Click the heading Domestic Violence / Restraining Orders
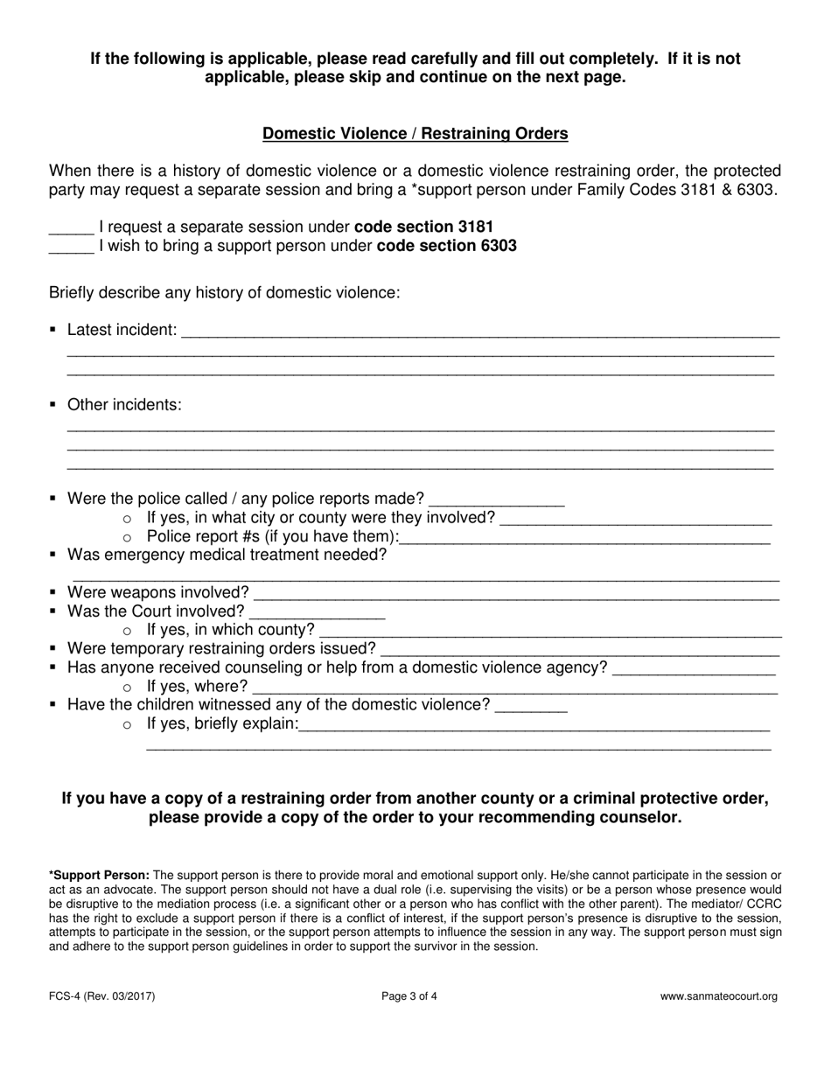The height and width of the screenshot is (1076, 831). click(x=415, y=134)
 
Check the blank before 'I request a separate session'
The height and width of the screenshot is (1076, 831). click(x=71, y=227)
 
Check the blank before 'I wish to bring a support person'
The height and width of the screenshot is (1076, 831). click(x=71, y=247)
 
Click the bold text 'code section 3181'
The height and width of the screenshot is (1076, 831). click(x=423, y=227)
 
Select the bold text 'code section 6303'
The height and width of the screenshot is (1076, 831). click(x=446, y=247)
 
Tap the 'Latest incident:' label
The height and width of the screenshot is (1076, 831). click(x=122, y=331)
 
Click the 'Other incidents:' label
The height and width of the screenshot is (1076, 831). click(x=124, y=405)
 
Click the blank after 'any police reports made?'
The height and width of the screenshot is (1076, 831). click(x=496, y=500)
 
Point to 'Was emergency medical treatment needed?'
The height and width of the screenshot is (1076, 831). click(x=227, y=555)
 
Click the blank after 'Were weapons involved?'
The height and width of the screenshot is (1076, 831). click(x=516, y=593)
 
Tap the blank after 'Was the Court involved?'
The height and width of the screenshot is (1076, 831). click(x=317, y=612)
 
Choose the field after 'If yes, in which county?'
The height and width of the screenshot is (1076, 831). click(x=551, y=631)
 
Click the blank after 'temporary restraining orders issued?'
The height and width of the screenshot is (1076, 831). click(x=580, y=649)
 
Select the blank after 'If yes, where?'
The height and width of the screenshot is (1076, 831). click(x=514, y=687)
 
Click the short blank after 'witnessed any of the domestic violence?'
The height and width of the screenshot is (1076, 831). click(x=531, y=706)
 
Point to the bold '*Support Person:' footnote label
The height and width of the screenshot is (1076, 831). click(x=99, y=875)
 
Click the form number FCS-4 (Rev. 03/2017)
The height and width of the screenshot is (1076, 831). click(x=102, y=996)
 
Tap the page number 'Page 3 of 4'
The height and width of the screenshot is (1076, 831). click(x=409, y=996)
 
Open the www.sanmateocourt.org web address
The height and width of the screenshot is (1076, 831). click(x=718, y=996)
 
